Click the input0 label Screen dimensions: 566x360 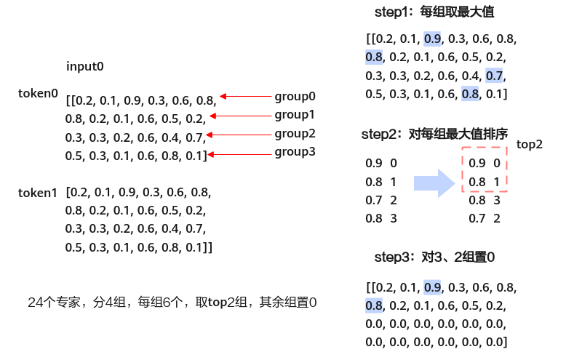click(x=85, y=66)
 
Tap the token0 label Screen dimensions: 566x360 click(x=38, y=93)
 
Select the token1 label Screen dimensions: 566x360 click(x=38, y=193)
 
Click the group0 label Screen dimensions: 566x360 click(x=295, y=96)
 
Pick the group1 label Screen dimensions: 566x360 click(x=295, y=115)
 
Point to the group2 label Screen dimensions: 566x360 click(x=295, y=134)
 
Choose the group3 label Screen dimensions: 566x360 click(x=295, y=152)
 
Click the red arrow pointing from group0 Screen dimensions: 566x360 click(x=245, y=96)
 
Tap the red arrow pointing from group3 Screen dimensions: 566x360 click(x=239, y=154)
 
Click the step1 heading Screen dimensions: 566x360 click(x=434, y=12)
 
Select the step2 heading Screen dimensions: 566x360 click(x=434, y=135)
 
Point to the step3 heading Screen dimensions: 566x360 click(x=434, y=257)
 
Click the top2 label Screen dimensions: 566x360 click(x=530, y=144)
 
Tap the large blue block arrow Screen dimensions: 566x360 click(x=434, y=183)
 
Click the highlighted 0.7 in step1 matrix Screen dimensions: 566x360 click(x=494, y=76)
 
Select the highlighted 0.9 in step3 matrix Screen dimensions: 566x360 click(x=432, y=287)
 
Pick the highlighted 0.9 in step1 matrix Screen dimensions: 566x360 click(x=432, y=39)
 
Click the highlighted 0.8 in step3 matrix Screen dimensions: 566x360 click(x=374, y=306)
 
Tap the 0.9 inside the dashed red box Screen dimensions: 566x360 click(x=477, y=163)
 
